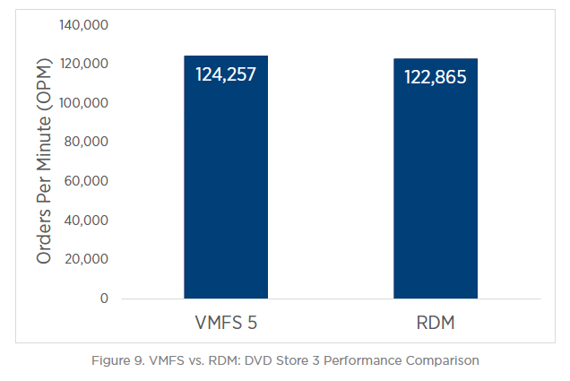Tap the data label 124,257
click(x=226, y=74)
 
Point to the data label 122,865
click(x=436, y=77)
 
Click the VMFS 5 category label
click(x=226, y=322)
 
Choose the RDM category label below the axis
click(x=436, y=322)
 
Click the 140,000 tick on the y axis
click(x=83, y=25)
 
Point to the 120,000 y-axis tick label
click(x=83, y=65)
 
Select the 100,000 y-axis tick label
click(x=83, y=103)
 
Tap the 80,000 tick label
click(x=86, y=143)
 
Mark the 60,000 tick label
click(x=86, y=181)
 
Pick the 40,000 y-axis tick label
click(x=86, y=221)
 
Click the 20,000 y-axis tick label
click(x=86, y=259)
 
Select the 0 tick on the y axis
click(x=104, y=299)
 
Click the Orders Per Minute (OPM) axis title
click(x=44, y=161)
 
